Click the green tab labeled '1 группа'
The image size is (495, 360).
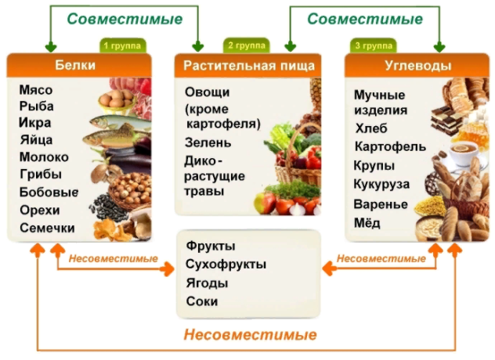click(123, 45)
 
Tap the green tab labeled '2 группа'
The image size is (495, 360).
click(247, 45)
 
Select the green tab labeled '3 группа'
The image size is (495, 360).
click(374, 45)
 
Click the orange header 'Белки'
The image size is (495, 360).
click(75, 65)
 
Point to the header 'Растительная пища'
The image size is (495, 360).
click(249, 66)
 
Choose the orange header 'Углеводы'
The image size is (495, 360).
click(417, 66)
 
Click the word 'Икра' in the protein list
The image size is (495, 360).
click(35, 123)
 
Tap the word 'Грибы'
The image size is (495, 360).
click(41, 175)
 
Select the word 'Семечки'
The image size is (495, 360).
click(47, 228)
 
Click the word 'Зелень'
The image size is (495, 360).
click(208, 142)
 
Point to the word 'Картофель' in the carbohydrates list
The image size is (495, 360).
click(390, 146)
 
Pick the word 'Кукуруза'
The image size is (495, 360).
click(381, 184)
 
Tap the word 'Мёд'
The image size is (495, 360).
click(367, 223)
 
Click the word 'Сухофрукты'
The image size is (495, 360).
click(226, 264)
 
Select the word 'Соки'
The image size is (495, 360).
click(202, 301)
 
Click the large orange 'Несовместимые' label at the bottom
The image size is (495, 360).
click(250, 334)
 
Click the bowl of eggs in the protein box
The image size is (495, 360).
click(116, 100)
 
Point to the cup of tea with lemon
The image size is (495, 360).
click(463, 153)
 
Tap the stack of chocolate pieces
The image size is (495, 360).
click(446, 121)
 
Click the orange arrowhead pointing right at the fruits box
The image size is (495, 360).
click(167, 269)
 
